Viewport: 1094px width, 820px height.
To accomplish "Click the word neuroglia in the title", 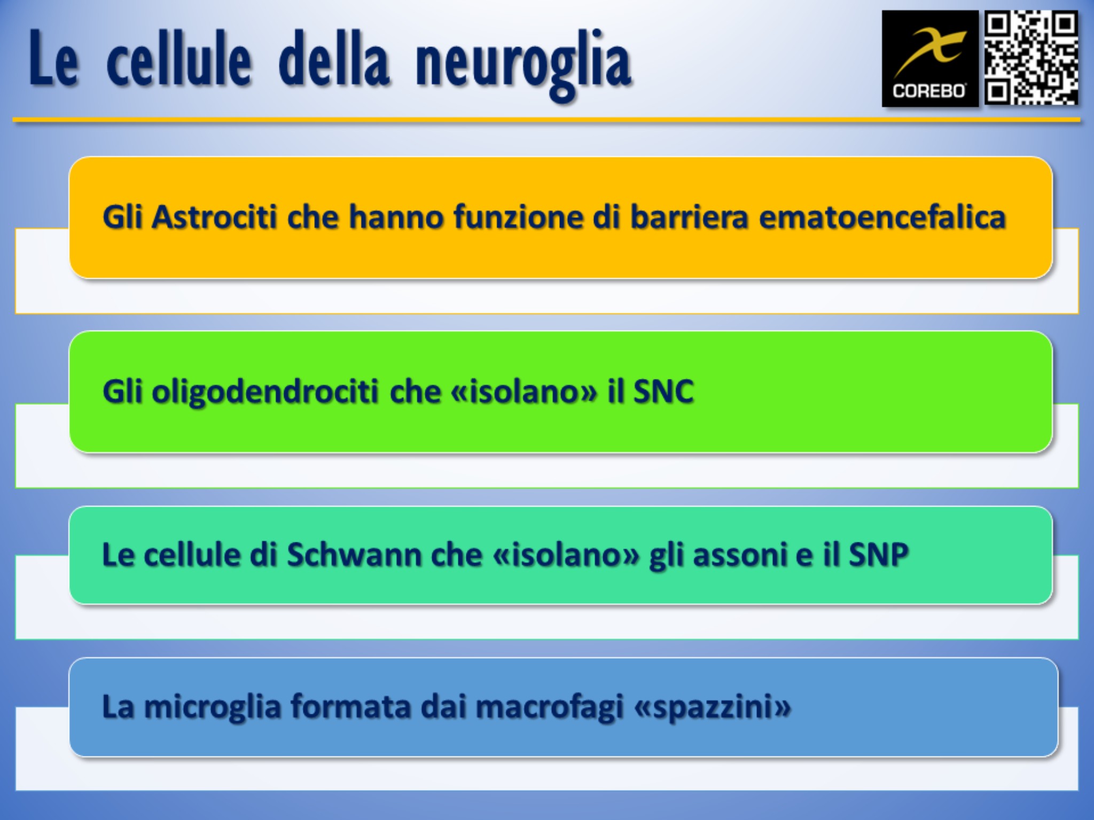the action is click(523, 65).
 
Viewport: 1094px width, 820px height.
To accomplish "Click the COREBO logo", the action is click(930, 59).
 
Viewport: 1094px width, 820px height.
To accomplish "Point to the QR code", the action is click(1032, 58).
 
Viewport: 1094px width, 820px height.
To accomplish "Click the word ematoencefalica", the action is click(882, 217).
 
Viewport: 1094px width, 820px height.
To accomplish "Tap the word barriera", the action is click(689, 217).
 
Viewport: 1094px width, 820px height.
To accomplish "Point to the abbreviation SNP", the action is click(879, 555).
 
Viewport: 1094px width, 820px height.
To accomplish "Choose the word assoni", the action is click(739, 555).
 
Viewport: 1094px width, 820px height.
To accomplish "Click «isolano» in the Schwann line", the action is click(566, 555).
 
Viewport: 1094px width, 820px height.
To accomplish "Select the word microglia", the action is click(213, 708).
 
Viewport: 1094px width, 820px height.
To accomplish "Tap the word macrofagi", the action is click(550, 708).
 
